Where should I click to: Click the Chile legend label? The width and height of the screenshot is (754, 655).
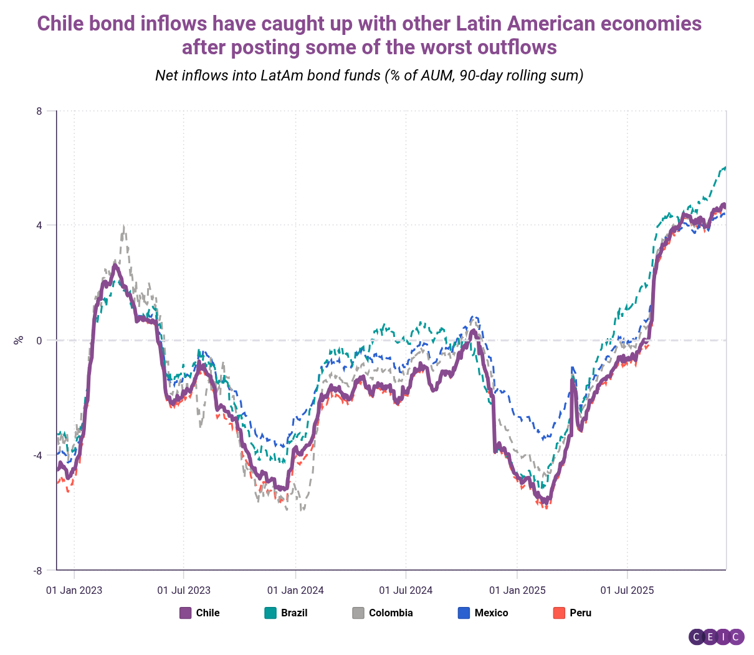tap(208, 613)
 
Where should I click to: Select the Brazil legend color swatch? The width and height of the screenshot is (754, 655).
tap(270, 613)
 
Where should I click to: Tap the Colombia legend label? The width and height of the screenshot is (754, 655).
tap(391, 613)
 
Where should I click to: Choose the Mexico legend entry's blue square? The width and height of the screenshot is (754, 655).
tap(464, 613)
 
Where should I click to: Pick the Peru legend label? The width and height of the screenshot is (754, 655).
tap(580, 613)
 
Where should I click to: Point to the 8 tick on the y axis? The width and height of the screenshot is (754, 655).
tap(39, 111)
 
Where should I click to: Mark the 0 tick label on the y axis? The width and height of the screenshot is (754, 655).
tap(39, 341)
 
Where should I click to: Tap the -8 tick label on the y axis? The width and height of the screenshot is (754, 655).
tap(37, 570)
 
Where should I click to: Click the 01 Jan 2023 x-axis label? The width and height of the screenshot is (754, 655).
tap(74, 590)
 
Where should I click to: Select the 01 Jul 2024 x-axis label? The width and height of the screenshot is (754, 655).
tap(406, 590)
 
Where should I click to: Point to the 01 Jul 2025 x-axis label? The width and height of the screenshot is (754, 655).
tap(627, 590)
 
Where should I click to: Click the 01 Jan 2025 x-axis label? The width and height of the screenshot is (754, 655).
tap(517, 590)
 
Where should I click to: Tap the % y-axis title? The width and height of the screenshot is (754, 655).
tap(19, 340)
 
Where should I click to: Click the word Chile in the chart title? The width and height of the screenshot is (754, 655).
tap(61, 24)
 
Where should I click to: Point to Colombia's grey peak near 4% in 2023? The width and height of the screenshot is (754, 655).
tap(124, 226)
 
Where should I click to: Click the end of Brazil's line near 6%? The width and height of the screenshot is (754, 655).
tap(725, 167)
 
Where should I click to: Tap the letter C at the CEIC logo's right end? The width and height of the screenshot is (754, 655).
tap(736, 637)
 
